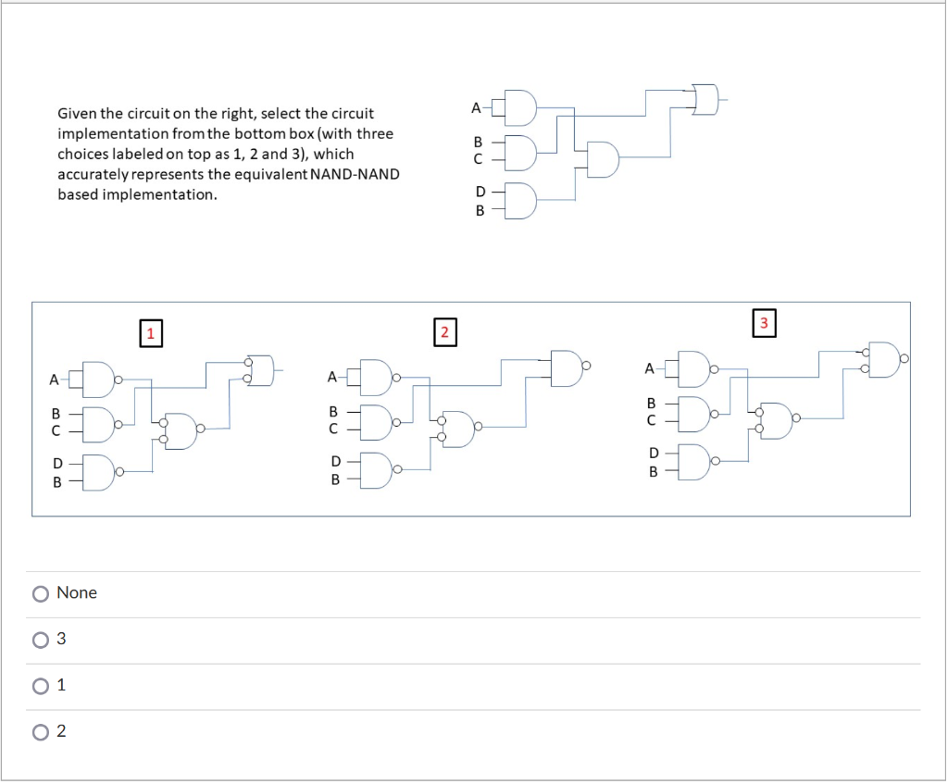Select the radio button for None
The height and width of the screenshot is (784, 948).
[x=41, y=593]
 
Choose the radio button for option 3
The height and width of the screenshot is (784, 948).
[x=41, y=640]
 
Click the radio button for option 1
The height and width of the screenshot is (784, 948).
[x=41, y=686]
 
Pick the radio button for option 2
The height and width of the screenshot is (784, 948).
[x=41, y=732]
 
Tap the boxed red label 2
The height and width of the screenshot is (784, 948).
[x=444, y=331]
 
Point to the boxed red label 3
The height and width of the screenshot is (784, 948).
[x=764, y=322]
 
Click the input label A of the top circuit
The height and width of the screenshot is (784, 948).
[x=476, y=108]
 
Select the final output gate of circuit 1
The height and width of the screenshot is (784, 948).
[x=262, y=370]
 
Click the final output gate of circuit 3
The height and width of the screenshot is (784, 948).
[x=884, y=360]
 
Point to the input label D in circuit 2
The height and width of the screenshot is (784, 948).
[x=335, y=461]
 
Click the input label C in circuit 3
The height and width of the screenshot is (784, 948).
[x=651, y=420]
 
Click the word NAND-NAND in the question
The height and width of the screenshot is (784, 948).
[x=355, y=175]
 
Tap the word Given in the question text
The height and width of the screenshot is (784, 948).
[x=77, y=114]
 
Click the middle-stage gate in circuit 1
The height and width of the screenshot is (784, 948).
[x=181, y=429]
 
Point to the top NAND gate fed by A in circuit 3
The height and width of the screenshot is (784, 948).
[x=695, y=368]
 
